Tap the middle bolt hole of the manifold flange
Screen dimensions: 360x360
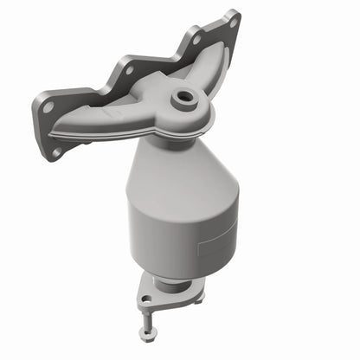[129, 67]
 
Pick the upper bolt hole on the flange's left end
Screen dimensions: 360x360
[48, 106]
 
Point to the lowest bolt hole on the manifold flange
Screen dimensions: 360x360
[56, 152]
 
